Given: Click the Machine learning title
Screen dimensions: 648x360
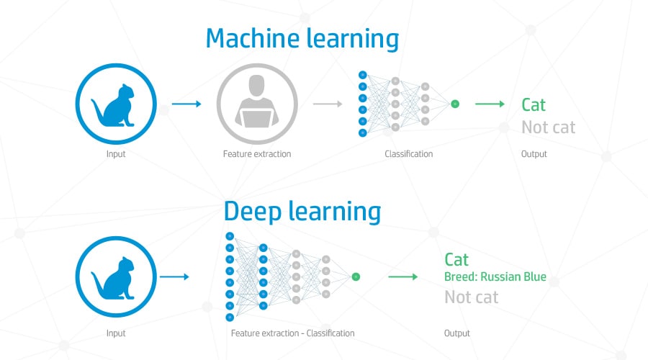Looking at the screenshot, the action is click(x=302, y=40).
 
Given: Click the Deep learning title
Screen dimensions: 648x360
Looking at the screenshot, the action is click(x=302, y=212).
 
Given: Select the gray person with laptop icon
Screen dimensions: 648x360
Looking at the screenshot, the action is click(x=257, y=104).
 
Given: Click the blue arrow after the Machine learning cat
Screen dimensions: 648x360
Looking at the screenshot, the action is click(x=186, y=104).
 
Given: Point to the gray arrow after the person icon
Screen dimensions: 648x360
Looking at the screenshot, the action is click(x=328, y=104).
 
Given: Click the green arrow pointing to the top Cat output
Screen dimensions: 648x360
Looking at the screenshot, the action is click(x=490, y=104).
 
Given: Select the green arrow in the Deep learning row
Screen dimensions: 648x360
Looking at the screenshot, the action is click(x=403, y=276).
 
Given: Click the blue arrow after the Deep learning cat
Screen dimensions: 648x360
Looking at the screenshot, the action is click(x=174, y=276).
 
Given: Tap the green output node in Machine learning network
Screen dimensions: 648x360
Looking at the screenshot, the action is click(x=455, y=104).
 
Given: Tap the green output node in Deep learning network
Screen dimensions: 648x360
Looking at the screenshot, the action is click(x=356, y=277).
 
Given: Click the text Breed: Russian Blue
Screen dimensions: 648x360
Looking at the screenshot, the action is click(x=495, y=276).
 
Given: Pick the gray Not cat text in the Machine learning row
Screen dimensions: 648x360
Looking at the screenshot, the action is click(x=549, y=127).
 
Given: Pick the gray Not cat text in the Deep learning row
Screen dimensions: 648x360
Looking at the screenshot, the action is click(x=471, y=297).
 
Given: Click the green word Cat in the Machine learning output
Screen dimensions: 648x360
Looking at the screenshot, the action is click(x=534, y=105).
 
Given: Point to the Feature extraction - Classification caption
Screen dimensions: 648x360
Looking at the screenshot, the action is click(x=292, y=333).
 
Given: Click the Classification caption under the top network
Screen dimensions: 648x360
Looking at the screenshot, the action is click(x=409, y=154).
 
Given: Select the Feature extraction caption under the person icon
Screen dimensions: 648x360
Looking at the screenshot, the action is click(x=257, y=154).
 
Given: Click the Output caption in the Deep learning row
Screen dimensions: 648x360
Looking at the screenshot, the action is click(x=457, y=333).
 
